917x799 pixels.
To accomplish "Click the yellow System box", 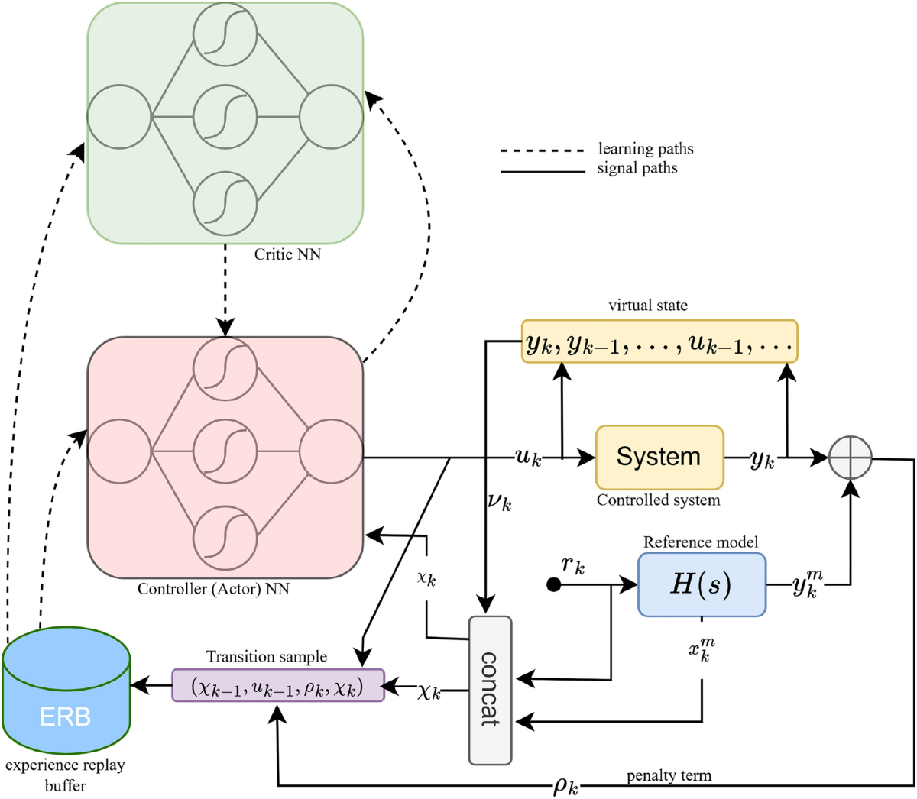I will [x=659, y=457].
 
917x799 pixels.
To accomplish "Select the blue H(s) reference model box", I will [x=701, y=584].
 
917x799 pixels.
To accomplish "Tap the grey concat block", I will [x=489, y=689].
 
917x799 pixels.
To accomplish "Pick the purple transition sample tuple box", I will [x=277, y=685].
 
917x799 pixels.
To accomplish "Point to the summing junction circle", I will [x=851, y=457].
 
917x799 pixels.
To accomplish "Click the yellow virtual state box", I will [x=659, y=341].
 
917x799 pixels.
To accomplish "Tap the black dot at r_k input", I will [x=554, y=585].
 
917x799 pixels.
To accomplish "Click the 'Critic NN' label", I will [x=287, y=254].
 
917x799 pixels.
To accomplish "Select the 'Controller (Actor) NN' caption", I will [x=213, y=589].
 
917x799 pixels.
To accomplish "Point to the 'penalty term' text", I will [x=669, y=775].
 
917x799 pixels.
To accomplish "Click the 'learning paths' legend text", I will [x=646, y=148].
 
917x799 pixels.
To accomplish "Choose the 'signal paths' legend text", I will [x=637, y=167].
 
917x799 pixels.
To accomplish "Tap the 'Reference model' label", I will [x=700, y=542].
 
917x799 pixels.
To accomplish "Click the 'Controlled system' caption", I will [x=658, y=500].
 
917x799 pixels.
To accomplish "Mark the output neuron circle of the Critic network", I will [x=330, y=118].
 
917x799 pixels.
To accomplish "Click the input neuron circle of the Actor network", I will [x=119, y=451].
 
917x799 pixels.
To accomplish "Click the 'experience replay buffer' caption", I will [x=65, y=773].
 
